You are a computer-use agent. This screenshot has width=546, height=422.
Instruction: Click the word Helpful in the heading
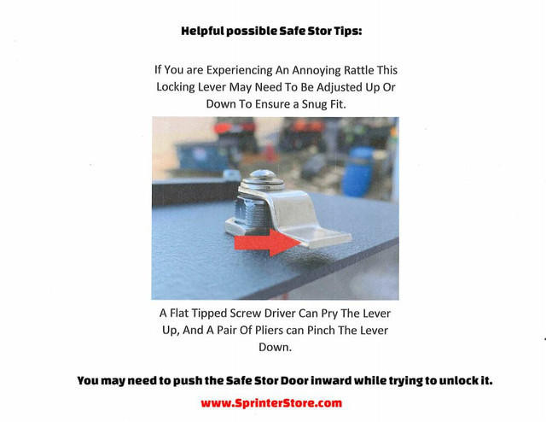[x=204, y=31]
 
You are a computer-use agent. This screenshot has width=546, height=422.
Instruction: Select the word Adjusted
[x=321, y=87]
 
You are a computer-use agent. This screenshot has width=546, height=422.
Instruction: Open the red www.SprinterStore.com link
[x=271, y=402]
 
